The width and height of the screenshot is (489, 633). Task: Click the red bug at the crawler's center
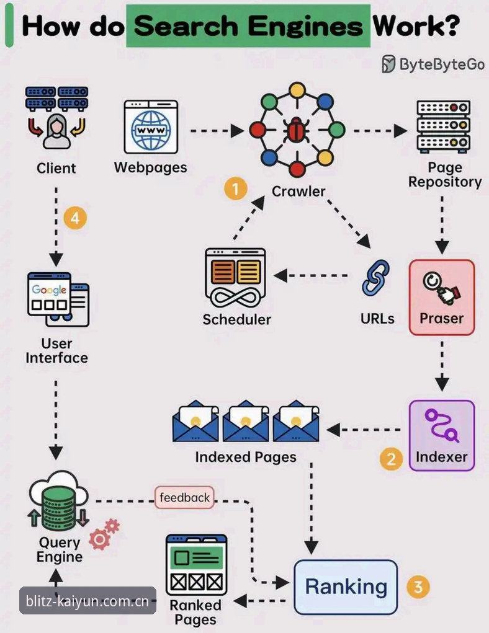click(297, 130)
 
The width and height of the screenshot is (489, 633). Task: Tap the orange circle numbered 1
click(236, 188)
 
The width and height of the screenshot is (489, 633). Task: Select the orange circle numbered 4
click(75, 218)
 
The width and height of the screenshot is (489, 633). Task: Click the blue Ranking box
click(346, 587)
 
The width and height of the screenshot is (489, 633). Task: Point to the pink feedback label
click(184, 497)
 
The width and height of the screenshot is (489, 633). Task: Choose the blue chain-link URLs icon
click(376, 278)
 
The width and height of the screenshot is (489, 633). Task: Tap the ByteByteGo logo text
click(433, 64)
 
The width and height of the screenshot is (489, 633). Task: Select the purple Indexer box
click(441, 436)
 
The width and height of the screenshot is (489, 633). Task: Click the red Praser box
click(441, 298)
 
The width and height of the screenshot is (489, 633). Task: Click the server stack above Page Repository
click(444, 126)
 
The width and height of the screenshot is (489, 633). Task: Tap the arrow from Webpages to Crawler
click(217, 131)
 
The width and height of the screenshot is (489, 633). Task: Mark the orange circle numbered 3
click(418, 587)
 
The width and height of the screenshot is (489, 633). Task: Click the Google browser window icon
click(58, 299)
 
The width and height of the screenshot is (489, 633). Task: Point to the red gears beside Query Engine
click(104, 534)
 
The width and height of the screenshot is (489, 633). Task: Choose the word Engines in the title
click(305, 26)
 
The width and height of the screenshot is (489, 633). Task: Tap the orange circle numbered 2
click(391, 459)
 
